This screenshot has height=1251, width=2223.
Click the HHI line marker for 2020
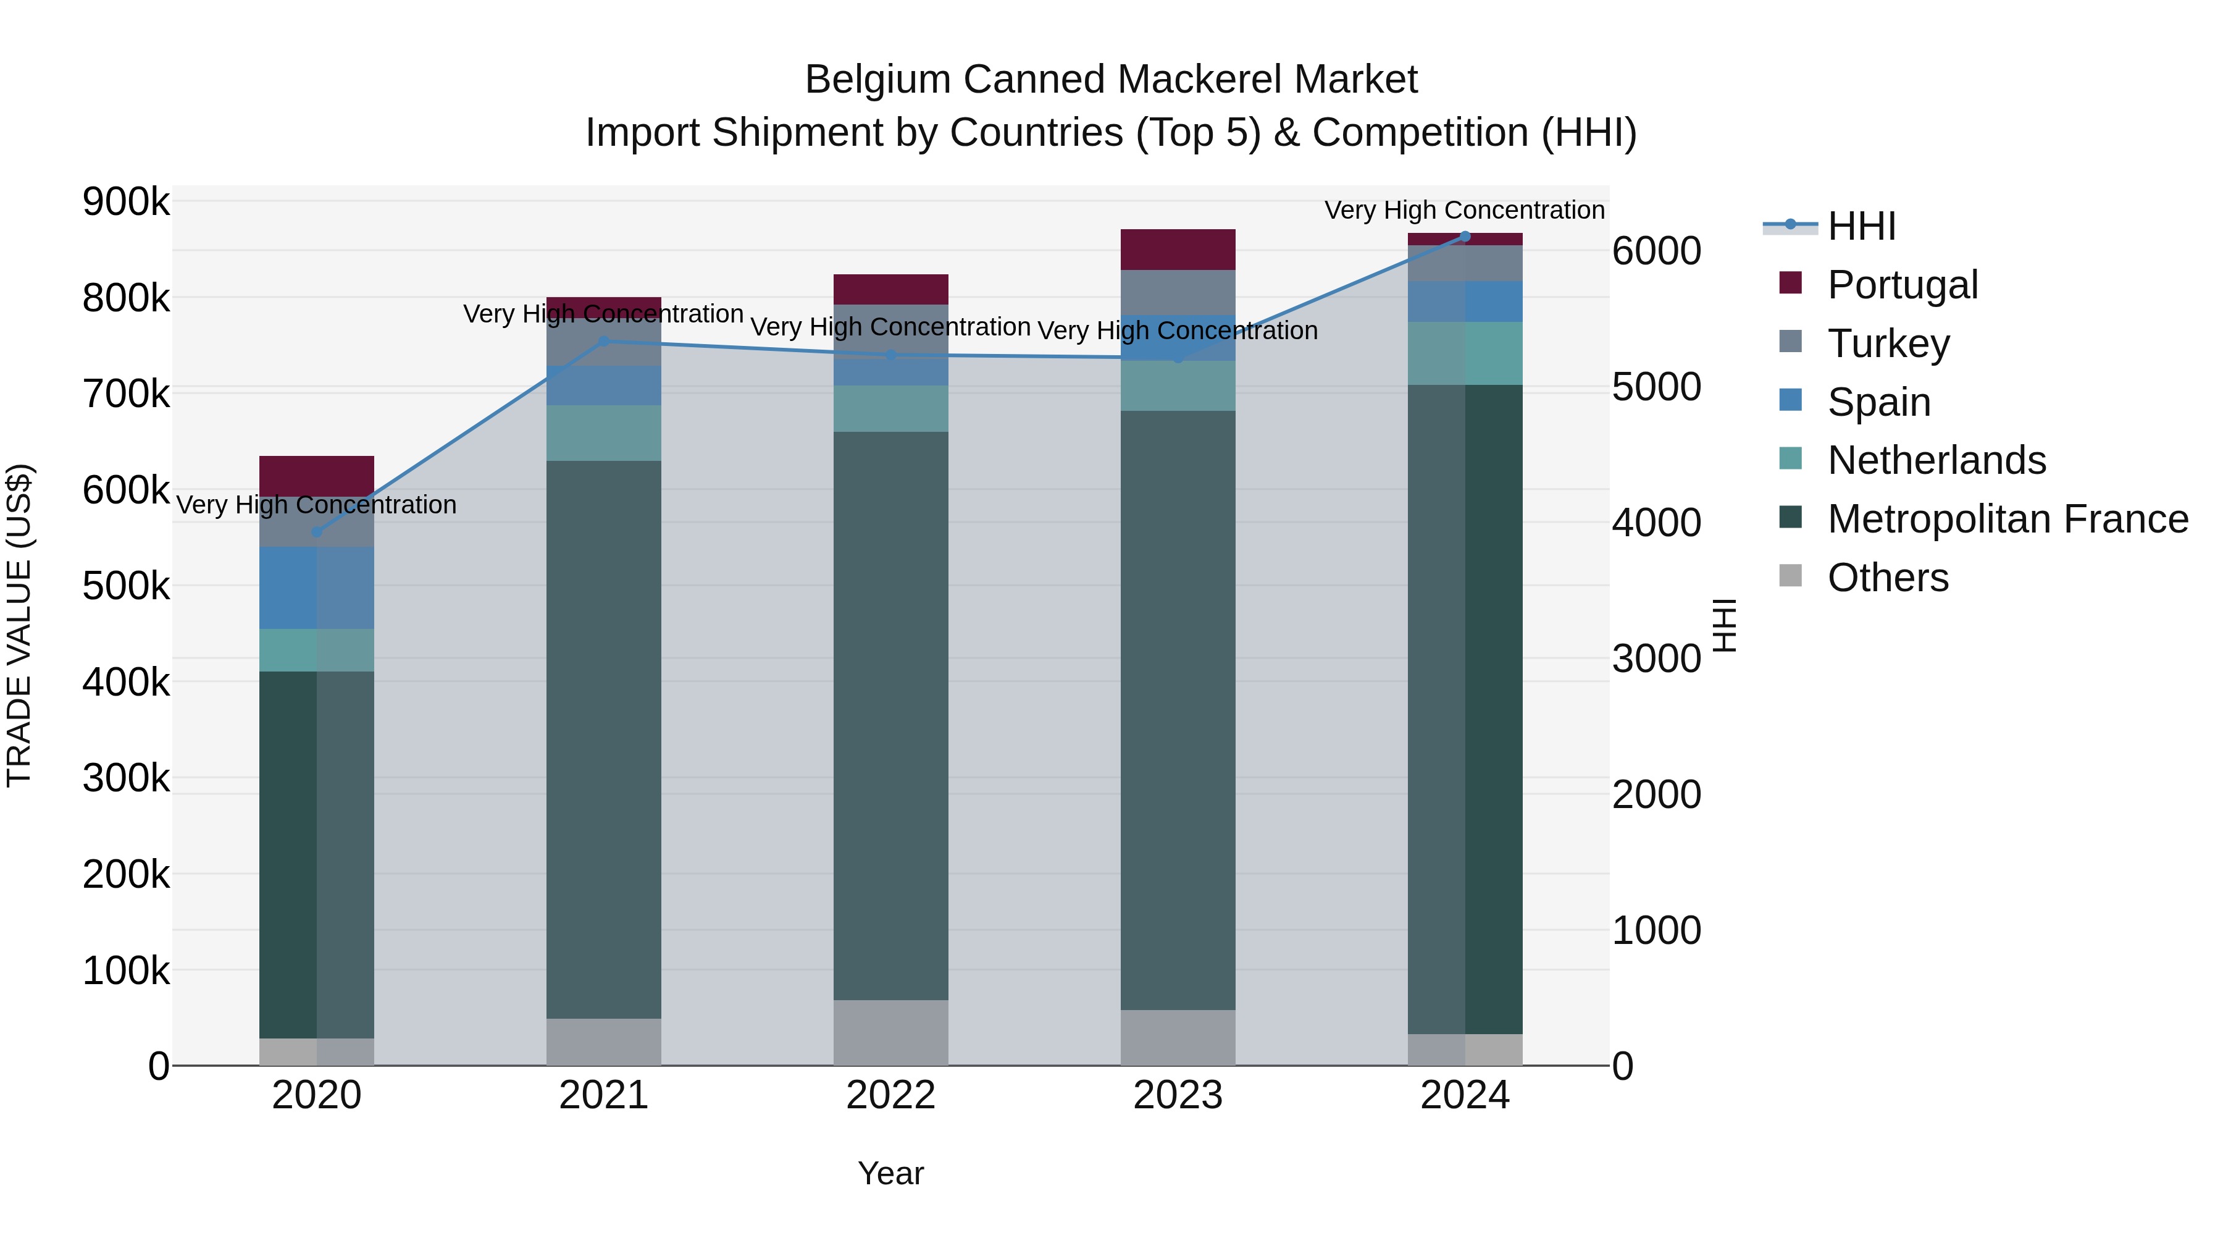click(317, 532)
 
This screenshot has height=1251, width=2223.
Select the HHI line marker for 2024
click(1465, 237)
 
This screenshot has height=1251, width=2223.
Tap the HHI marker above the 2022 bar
click(890, 355)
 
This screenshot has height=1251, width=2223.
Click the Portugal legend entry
click(1901, 285)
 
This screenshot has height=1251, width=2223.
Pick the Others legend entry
click(1886, 578)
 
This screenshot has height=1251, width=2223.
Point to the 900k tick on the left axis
click(126, 202)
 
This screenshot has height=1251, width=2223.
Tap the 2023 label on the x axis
click(1178, 1095)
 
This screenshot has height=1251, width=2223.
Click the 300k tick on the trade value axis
click(126, 778)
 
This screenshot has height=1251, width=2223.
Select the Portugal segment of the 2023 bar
click(1178, 250)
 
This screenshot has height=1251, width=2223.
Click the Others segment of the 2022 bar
click(890, 1032)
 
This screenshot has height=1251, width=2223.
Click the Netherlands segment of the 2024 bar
click(1465, 353)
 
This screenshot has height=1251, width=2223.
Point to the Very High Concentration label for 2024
click(1465, 210)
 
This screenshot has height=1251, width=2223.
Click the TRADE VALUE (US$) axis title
click(19, 625)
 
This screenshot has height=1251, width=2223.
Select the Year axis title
click(890, 1173)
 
